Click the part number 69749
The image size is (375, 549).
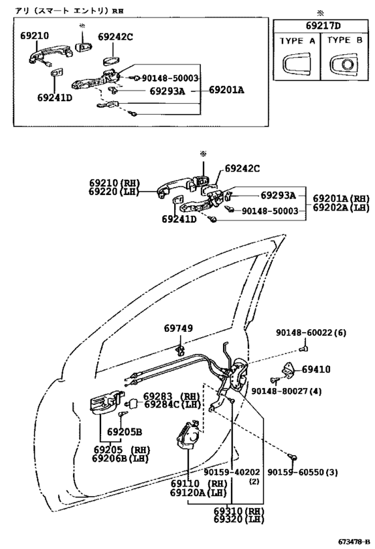pyautogui.click(x=178, y=328)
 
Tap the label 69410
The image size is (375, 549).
pyautogui.click(x=316, y=369)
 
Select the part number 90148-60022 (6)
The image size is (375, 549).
pyautogui.click(x=311, y=332)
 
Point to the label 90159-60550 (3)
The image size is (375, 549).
pyautogui.click(x=303, y=473)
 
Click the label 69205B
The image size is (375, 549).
pyautogui.click(x=125, y=432)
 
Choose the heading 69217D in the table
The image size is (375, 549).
pyautogui.click(x=323, y=25)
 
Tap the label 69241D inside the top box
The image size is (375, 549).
pyautogui.click(x=55, y=97)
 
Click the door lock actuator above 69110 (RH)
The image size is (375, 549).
pyautogui.click(x=189, y=435)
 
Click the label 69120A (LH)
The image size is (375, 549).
pyautogui.click(x=199, y=493)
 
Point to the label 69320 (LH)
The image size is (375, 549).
pyautogui.click(x=239, y=519)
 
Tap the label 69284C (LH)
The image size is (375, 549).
pyautogui.click(x=173, y=404)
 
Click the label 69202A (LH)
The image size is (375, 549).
pyautogui.click(x=341, y=207)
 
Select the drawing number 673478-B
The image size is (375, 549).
pyautogui.click(x=354, y=542)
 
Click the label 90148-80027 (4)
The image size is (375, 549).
pyautogui.click(x=287, y=391)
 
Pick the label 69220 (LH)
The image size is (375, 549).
pyautogui.click(x=114, y=192)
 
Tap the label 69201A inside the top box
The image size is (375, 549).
pyautogui.click(x=227, y=90)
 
